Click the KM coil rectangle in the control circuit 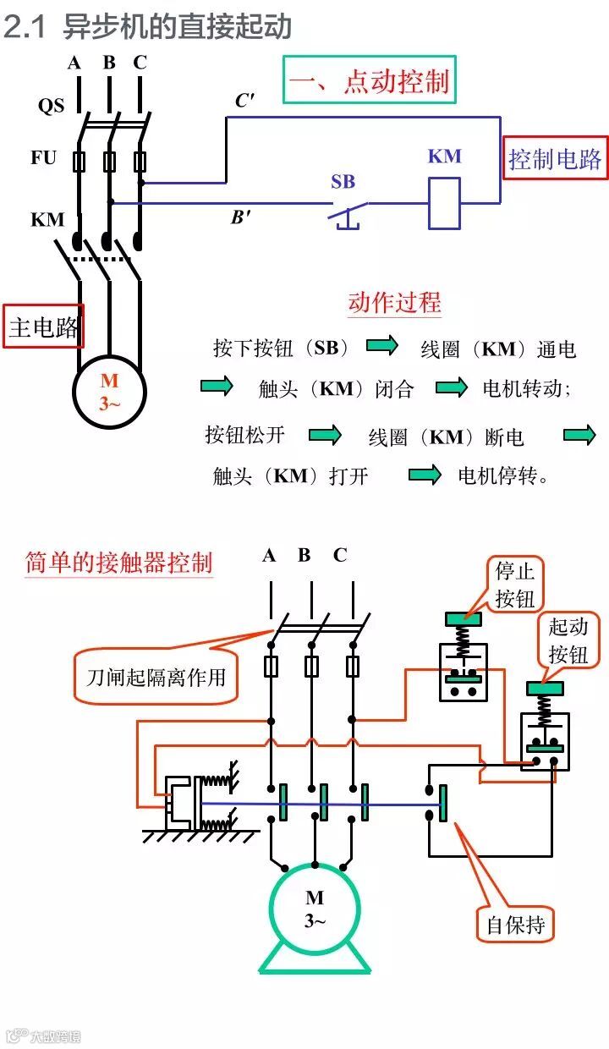coord(444,203)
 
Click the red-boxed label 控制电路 coord(554,158)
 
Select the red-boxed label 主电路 coord(44,327)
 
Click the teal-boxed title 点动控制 coord(369,80)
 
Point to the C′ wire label coord(244,101)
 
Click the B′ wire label coord(241,217)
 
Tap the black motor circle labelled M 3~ coord(109,391)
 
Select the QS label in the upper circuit coord(51,106)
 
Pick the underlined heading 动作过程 coord(394,302)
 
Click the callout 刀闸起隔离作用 coord(156,676)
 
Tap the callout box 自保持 coord(515,925)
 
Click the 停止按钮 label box coord(515,584)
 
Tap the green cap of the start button coord(545,689)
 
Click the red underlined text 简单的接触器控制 coord(118,563)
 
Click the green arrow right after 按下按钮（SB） coord(381,346)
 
